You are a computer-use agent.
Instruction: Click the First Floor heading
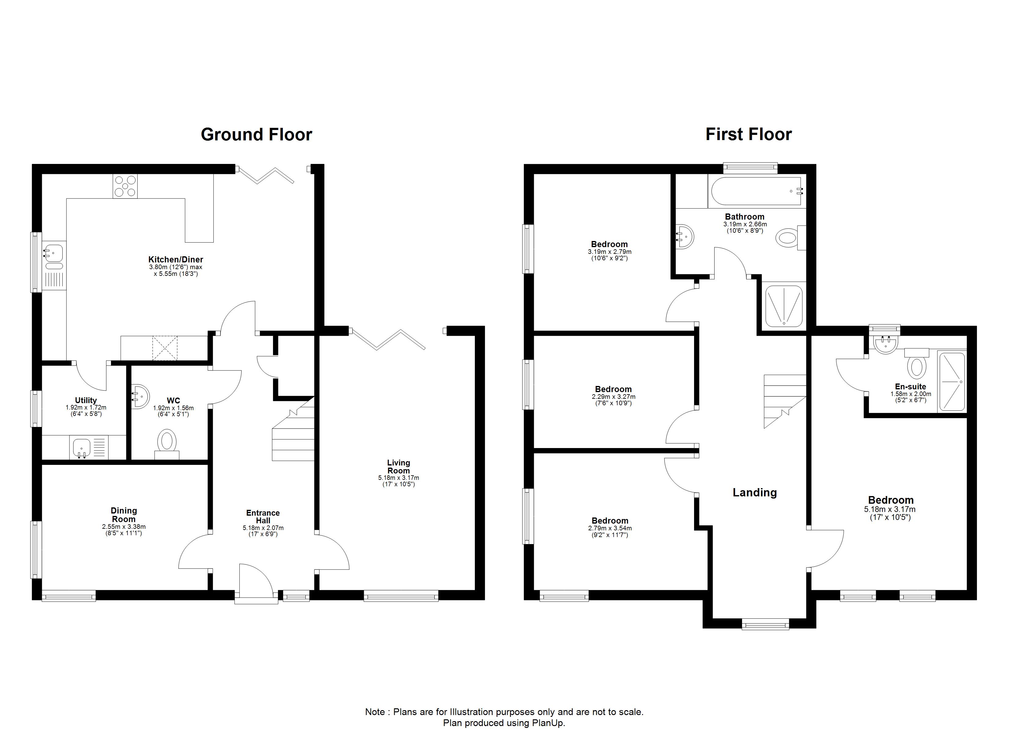749,135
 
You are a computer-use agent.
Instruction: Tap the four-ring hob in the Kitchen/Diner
125,186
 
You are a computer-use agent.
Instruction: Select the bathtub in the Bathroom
756,191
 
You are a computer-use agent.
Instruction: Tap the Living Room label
399,466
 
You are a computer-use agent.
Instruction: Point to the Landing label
755,492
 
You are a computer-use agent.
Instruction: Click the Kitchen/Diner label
176,260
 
